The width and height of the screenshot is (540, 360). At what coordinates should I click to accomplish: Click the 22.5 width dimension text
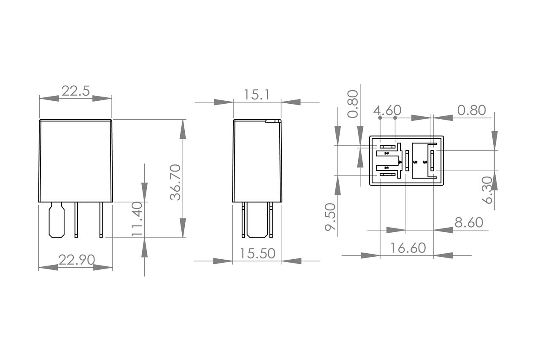pyautogui.click(x=76, y=91)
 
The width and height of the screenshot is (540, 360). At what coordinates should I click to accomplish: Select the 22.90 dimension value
pyautogui.click(x=76, y=260)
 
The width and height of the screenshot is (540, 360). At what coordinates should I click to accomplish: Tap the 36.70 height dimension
pyautogui.click(x=175, y=182)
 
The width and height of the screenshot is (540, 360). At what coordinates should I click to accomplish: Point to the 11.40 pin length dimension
pyautogui.click(x=137, y=219)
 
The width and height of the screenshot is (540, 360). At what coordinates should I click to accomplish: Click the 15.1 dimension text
pyautogui.click(x=256, y=95)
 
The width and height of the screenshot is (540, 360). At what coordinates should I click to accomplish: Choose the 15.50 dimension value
pyautogui.click(x=257, y=253)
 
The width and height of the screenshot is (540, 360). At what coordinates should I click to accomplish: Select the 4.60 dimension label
pyautogui.click(x=387, y=110)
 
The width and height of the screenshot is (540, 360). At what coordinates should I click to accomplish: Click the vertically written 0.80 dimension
pyautogui.click(x=353, y=103)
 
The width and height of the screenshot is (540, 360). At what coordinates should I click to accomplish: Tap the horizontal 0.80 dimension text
pyautogui.click(x=472, y=110)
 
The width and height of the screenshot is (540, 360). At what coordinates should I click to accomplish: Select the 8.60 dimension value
pyautogui.click(x=469, y=223)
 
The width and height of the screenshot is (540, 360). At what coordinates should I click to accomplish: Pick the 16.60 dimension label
pyautogui.click(x=408, y=248)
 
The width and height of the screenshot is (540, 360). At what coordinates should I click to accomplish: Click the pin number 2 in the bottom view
pyautogui.click(x=386, y=153)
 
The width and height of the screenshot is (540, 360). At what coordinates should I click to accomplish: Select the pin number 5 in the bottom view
pyautogui.click(x=415, y=162)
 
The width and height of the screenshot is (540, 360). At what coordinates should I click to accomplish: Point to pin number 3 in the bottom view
pyautogui.click(x=425, y=162)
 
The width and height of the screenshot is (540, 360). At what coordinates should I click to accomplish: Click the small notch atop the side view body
pyautogui.click(x=273, y=121)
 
